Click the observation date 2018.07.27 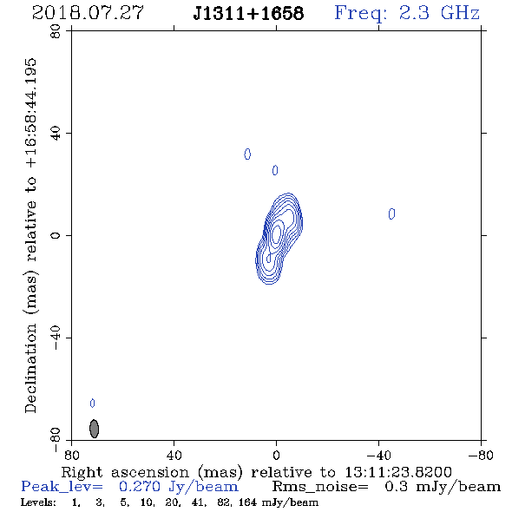88,13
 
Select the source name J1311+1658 248,13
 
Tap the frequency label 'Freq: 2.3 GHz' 407,13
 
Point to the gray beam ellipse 94,429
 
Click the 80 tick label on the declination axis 56,31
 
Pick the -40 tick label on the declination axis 56,338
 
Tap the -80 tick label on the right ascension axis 481,455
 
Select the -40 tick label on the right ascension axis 378,455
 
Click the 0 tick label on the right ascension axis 276,455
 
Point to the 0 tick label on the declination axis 56,235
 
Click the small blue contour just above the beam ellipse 92,404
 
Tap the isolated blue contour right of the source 392,213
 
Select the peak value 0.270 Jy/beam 179,487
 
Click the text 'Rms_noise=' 321,487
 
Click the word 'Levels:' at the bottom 38,502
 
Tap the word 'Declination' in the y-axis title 30,368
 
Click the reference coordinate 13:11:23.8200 398,472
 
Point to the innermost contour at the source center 276,233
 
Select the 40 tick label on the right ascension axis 174,455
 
